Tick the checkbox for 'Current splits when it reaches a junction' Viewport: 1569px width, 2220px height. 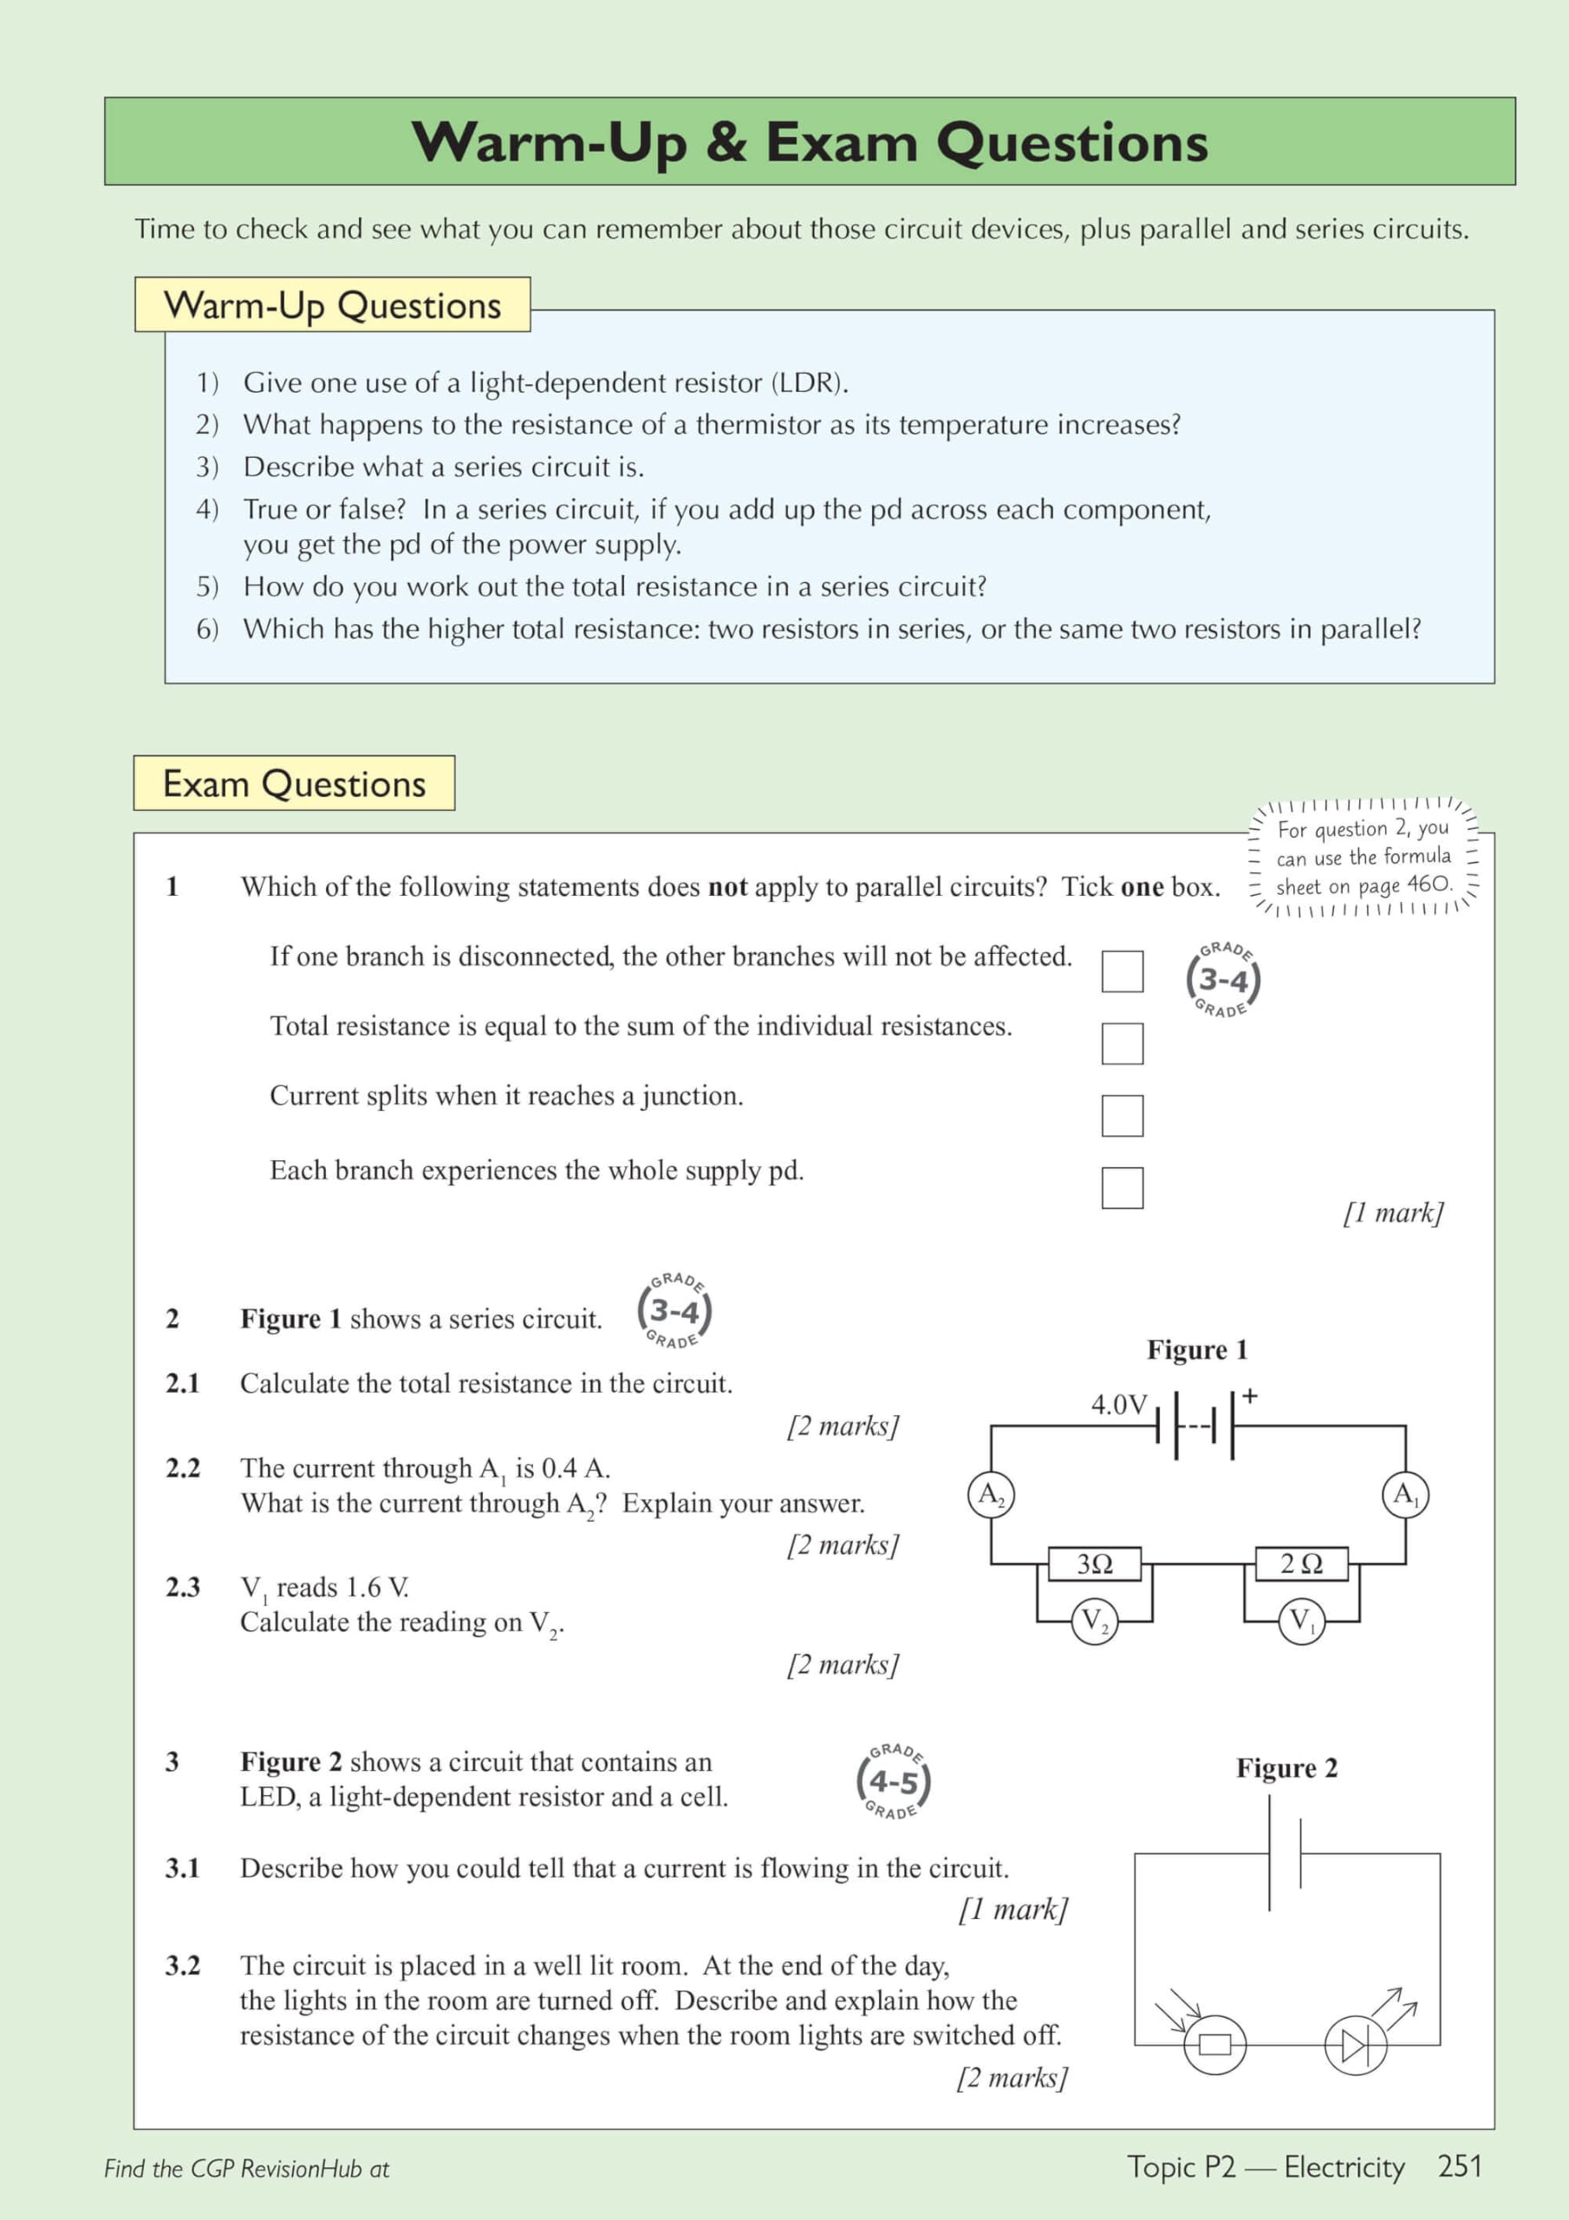coord(1122,1116)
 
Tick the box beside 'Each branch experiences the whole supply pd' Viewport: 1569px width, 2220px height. coord(1122,1187)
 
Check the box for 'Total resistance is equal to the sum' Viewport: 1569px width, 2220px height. coord(1122,1043)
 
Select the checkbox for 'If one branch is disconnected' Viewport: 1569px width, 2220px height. coord(1122,970)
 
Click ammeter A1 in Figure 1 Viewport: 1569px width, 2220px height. coord(1404,1495)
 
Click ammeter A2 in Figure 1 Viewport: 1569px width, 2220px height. coord(991,1495)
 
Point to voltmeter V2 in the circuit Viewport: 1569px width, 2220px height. coord(1094,1620)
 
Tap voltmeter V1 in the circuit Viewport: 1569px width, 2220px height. coord(1301,1620)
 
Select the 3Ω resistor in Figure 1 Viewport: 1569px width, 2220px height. coord(1096,1564)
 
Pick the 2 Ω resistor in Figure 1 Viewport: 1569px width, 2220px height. coord(1301,1564)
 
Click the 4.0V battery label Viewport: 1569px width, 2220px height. coord(1118,1404)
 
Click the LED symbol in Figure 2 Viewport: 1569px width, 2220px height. coord(1356,2045)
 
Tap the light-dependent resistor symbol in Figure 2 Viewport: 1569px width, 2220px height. coord(1214,2045)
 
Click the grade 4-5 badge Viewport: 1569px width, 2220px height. coord(893,1781)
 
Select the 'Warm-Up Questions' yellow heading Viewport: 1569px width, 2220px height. coord(333,304)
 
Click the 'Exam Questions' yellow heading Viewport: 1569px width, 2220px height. coord(294,783)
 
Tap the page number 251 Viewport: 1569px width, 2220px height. coord(1460,2167)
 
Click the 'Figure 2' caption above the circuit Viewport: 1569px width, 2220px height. coord(1286,1768)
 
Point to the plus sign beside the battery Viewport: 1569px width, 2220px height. coord(1250,1396)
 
